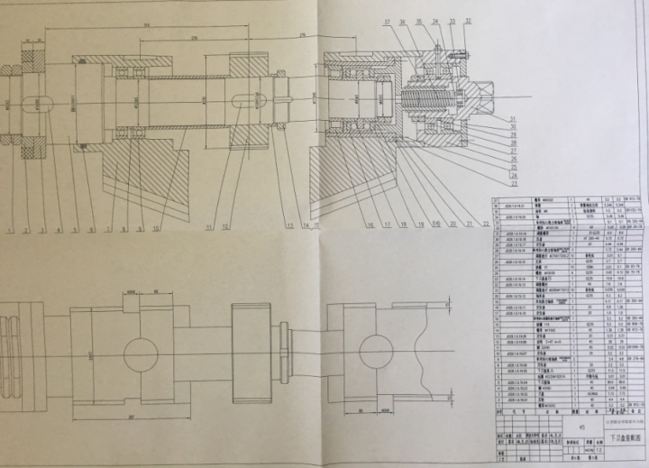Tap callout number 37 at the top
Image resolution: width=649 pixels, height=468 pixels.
click(387, 21)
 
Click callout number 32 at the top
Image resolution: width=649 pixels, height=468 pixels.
click(468, 21)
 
